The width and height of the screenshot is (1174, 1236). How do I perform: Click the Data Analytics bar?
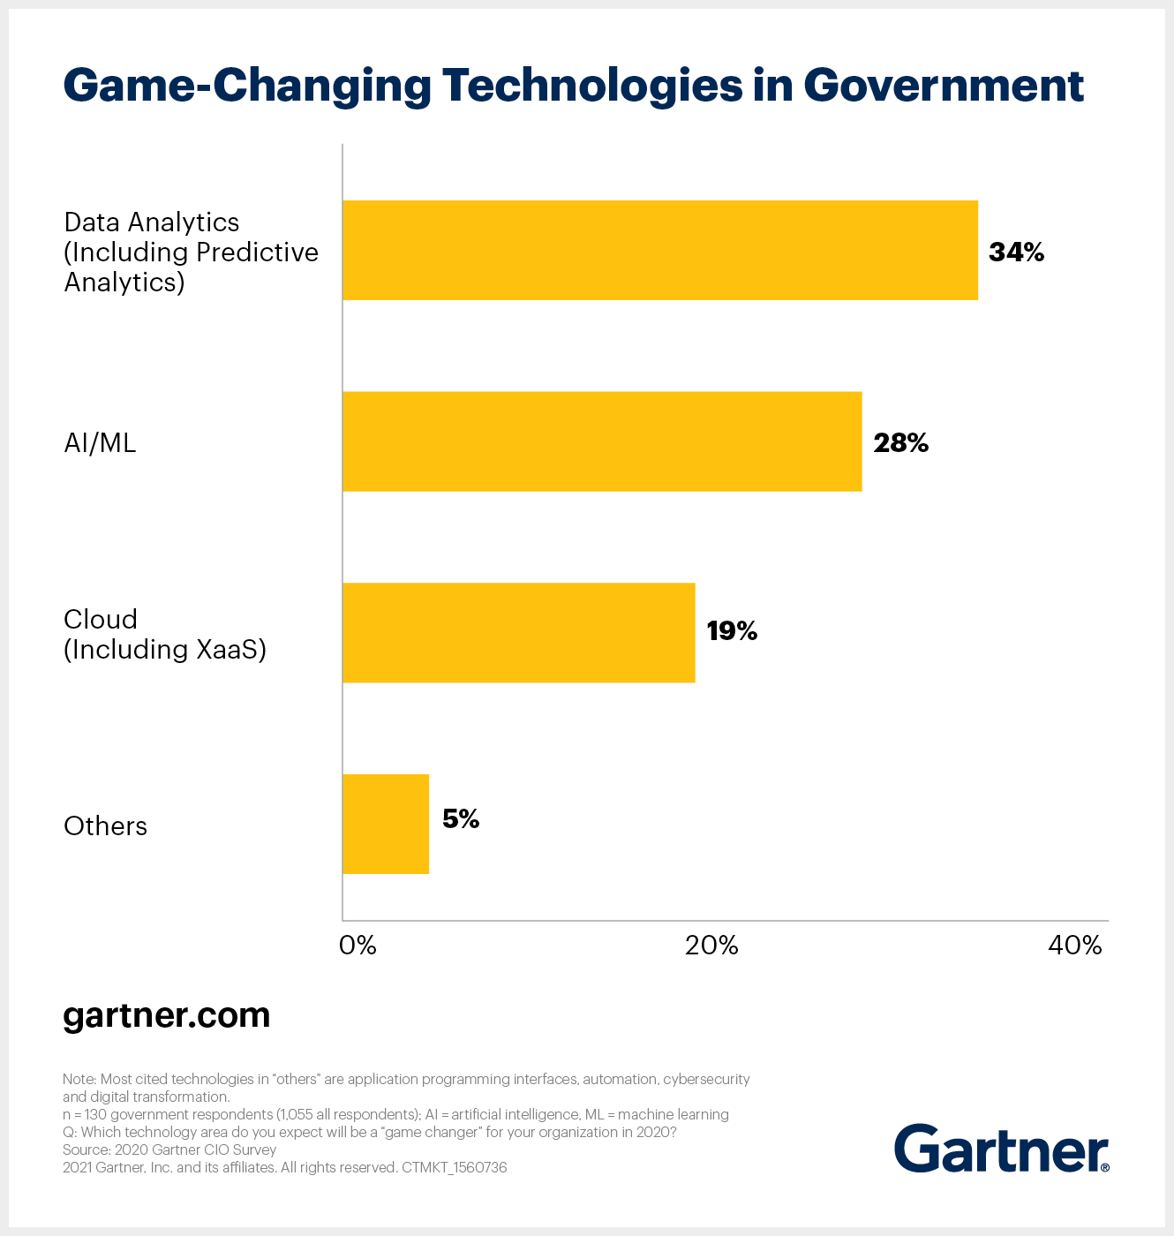click(659, 251)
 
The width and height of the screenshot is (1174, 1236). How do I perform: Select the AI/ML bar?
click(601, 441)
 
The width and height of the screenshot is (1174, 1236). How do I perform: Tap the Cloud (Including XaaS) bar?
click(518, 632)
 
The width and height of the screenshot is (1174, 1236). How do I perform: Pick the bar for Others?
click(386, 824)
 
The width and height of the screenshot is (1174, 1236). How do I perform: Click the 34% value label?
click(1016, 252)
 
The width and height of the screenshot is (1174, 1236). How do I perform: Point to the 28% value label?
click(900, 443)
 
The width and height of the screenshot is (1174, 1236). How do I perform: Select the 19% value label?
click(732, 631)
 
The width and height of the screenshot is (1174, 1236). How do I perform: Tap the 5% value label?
click(461, 819)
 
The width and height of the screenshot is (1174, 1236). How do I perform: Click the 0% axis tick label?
click(357, 946)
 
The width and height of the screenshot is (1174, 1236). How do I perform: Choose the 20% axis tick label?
click(711, 946)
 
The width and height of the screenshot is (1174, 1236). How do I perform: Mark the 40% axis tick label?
click(1074, 946)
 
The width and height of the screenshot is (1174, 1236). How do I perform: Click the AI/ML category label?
click(100, 442)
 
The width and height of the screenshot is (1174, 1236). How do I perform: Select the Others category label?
click(105, 826)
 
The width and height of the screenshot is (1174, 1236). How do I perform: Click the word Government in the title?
click(943, 86)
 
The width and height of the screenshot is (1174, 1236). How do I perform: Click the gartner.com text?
click(167, 1015)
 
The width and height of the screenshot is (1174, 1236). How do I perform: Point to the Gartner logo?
click(1001, 1149)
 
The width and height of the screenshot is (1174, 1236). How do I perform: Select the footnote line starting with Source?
click(169, 1149)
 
